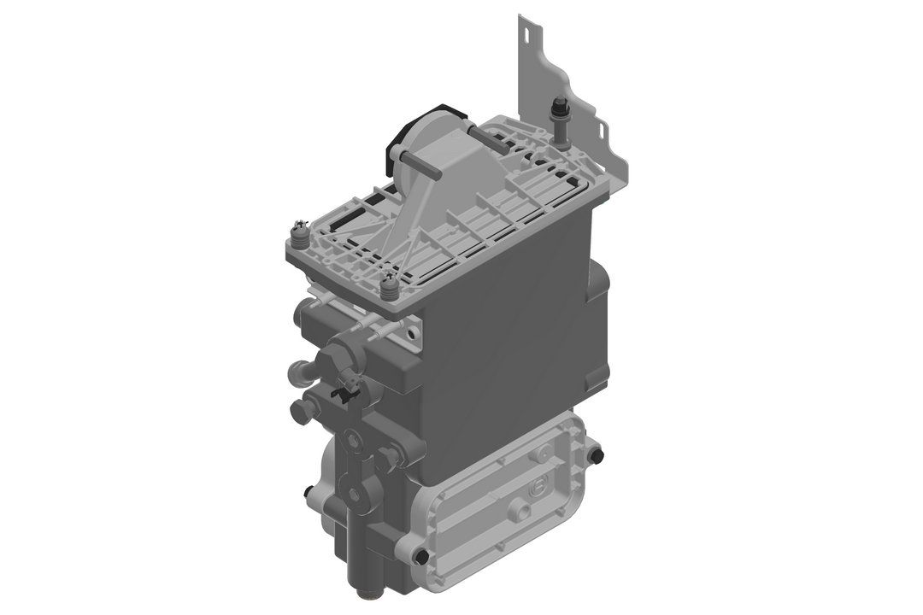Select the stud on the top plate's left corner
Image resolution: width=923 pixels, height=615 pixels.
tap(300, 231)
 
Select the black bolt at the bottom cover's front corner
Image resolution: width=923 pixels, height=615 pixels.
tap(420, 556)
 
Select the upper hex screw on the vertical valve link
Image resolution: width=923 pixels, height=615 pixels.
tap(352, 441)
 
